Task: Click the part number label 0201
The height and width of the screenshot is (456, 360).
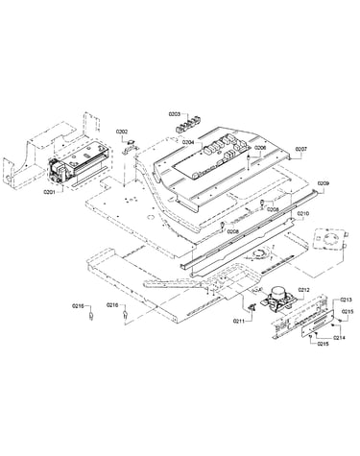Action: coord(49,192)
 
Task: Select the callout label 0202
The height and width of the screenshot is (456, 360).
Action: coord(122,132)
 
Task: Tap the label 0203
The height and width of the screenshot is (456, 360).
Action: coord(175,114)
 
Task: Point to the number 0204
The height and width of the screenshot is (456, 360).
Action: coord(188,142)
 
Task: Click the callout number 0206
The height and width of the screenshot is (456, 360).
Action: coord(260,148)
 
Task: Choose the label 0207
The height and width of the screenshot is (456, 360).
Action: coord(300,149)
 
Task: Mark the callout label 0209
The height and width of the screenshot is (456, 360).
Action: coord(324,183)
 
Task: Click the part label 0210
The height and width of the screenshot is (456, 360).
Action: coord(303,213)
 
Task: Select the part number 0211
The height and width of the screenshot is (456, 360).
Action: coord(238,321)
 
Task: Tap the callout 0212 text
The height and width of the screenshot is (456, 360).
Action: coord(303,290)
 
